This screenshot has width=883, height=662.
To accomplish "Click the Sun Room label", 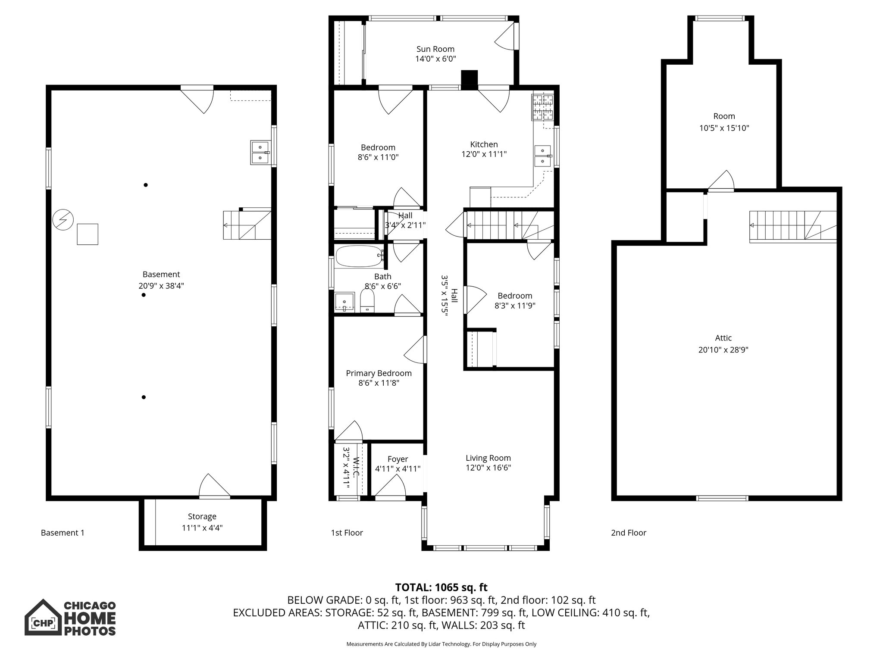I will (x=435, y=49).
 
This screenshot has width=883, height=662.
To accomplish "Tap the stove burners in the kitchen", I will (x=542, y=107).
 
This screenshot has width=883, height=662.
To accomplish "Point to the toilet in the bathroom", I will (x=367, y=300).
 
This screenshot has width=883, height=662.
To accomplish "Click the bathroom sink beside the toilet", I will (x=345, y=301).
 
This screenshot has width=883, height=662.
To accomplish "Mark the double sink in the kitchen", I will (x=542, y=156).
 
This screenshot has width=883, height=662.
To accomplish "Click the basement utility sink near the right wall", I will (x=260, y=153).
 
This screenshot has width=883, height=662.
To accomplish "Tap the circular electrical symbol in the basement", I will (x=63, y=220).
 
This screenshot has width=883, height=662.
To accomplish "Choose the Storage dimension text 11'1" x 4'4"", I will (x=202, y=528).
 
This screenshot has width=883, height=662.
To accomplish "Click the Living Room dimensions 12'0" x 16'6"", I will (x=488, y=468).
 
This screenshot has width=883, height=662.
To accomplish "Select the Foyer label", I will (x=398, y=459).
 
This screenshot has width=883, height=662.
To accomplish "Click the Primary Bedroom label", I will (x=379, y=373).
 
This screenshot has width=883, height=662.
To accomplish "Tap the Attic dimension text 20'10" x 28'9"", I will (x=723, y=350).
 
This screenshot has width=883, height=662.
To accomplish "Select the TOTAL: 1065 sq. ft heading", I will (x=441, y=587).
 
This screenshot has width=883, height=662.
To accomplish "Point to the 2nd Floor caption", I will (x=628, y=533).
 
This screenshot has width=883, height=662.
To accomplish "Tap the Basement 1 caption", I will (x=63, y=533).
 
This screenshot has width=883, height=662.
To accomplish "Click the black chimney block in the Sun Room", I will (x=470, y=80).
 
